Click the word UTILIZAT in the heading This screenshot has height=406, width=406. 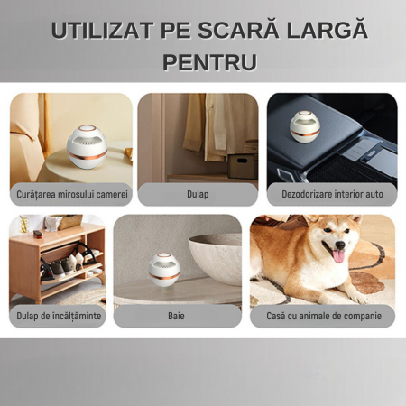point(102,31)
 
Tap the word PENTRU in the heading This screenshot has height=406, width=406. point(209,62)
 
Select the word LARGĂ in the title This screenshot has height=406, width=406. point(327,29)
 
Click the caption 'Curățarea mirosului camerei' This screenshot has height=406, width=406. point(72,194)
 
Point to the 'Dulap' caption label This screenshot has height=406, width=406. point(198,194)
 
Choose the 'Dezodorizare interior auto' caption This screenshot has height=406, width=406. point(332,194)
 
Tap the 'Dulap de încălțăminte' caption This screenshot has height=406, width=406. point(59,316)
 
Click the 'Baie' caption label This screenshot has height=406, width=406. point(176,316)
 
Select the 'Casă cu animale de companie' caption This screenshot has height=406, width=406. point(324,316)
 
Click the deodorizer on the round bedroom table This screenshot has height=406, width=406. point(87,146)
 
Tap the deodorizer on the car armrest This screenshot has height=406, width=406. point(305,126)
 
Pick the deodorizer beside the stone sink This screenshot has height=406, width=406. point(164,270)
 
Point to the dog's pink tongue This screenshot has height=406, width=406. point(338,256)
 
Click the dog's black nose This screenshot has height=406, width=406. point(340,245)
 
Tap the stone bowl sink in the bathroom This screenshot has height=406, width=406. point(216,258)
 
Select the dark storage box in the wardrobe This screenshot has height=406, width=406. point(242,166)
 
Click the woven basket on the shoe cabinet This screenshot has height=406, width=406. point(69,222)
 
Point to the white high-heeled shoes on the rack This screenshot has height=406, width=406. point(76,261)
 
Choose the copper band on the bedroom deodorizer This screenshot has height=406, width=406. point(87,156)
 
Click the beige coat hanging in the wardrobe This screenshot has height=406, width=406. point(195,123)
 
